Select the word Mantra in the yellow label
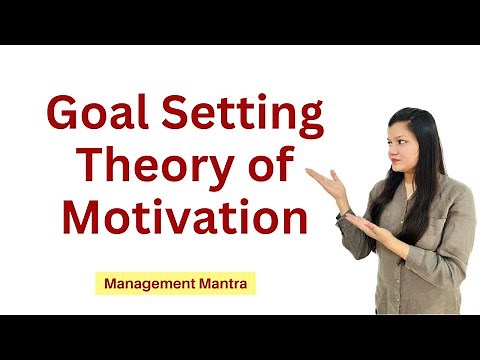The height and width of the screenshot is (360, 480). [x=224, y=284]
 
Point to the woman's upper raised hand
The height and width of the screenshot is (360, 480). [x=322, y=181]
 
